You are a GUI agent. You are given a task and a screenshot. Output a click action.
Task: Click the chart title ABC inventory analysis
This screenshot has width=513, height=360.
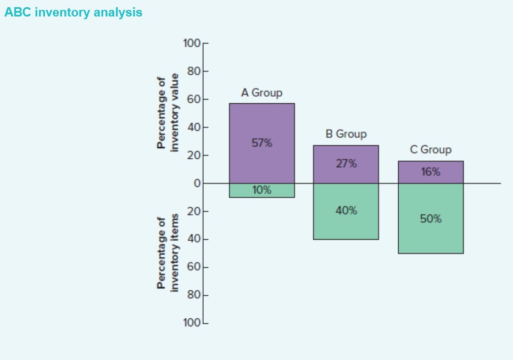pos(73,13)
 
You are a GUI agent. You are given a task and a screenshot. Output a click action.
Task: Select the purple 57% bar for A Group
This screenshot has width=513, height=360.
pos(261,121)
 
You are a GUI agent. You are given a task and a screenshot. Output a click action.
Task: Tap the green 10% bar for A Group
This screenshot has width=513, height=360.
pos(261,190)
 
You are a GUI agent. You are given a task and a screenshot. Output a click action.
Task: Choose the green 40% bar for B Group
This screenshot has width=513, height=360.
pos(345,223)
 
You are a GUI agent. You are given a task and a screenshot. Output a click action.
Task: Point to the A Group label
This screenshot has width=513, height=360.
pos(261,93)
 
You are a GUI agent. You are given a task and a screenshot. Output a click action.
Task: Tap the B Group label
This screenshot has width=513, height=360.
pos(345,134)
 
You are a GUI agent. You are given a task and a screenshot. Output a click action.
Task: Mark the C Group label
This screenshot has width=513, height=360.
pos(430,149)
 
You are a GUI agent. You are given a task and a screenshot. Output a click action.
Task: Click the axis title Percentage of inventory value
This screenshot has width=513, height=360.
pos(168,113)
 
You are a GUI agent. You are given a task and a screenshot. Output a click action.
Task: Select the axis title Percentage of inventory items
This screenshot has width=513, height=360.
pos(168,253)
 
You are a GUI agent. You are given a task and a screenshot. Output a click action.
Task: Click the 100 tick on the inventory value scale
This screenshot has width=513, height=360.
pos(192,43)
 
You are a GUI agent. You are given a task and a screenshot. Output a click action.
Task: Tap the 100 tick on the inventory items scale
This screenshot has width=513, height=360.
pos(192,323)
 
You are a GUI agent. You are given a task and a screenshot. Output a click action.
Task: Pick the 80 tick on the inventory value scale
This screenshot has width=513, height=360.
pos(194,71)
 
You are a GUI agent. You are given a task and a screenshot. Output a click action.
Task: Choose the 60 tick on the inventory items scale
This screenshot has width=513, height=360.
pos(194,267)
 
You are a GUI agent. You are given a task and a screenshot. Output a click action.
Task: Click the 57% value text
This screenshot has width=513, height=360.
pos(261,143)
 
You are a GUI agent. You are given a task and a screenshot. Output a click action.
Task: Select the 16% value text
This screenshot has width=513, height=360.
pos(430,172)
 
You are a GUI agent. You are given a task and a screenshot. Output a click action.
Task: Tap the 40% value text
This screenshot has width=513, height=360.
pos(345,211)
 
